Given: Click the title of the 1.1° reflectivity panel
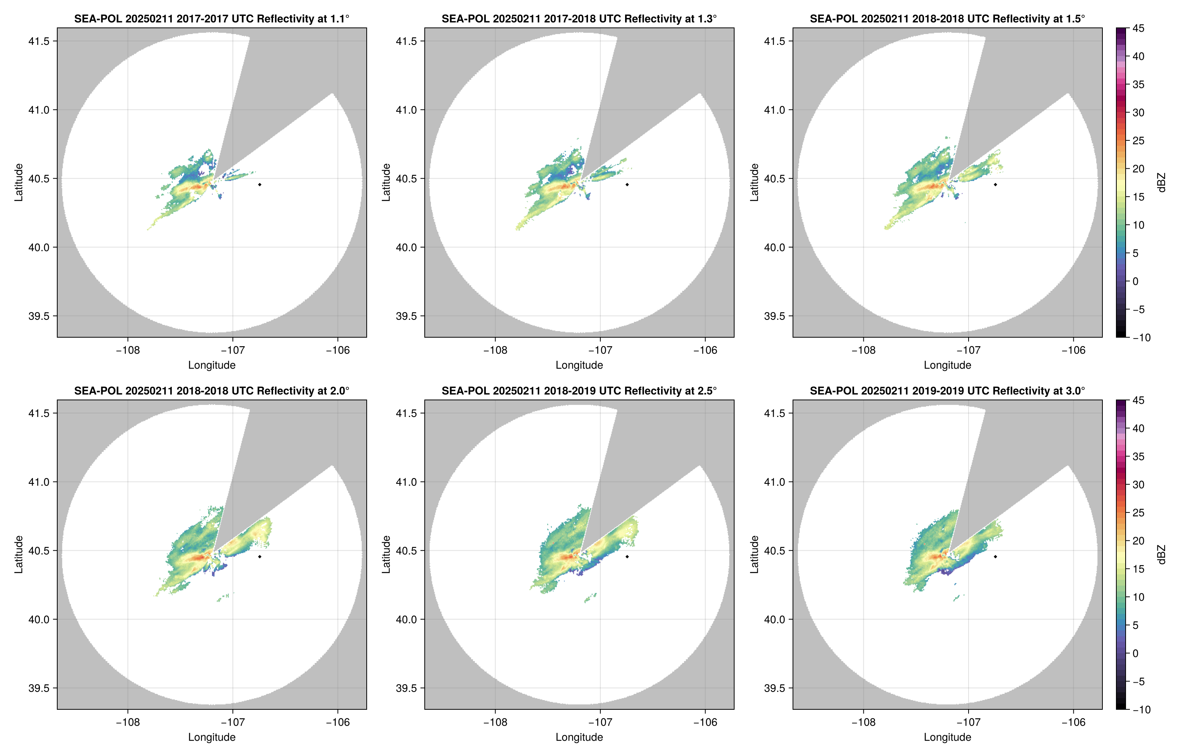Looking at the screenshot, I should [211, 19].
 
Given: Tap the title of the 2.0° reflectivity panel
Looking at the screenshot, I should [211, 391].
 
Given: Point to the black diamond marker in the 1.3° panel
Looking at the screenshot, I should [627, 185].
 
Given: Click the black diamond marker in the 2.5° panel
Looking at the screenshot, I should [627, 557].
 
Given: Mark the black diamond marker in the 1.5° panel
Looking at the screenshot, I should [995, 185].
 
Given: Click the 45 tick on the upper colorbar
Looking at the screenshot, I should [1138, 29].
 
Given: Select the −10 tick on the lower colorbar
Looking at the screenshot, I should [1141, 709].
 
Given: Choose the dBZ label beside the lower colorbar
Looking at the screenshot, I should [1161, 555].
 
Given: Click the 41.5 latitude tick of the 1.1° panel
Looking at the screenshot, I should [39, 41].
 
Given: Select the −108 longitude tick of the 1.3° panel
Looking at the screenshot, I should [495, 350].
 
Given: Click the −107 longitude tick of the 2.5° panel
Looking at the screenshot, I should [600, 722].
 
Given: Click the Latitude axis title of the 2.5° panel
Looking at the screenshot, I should [386, 555].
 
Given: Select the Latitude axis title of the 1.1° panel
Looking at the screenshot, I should [19, 183].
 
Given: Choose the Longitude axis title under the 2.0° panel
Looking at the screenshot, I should [211, 737].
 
